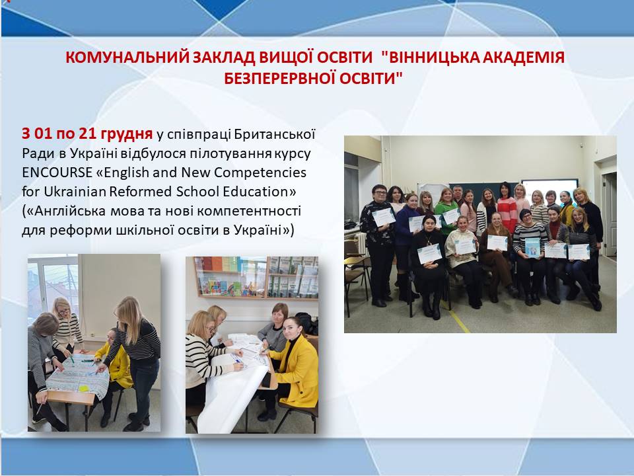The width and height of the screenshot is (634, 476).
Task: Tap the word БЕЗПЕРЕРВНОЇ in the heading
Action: click(x=279, y=78)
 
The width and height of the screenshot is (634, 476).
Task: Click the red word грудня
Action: click(x=127, y=134)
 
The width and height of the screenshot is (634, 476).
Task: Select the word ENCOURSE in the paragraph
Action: click(x=57, y=173)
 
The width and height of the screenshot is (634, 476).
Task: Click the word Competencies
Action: click(x=260, y=173)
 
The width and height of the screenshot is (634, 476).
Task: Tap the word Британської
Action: click(x=275, y=134)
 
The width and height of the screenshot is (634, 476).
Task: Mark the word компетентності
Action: click(x=250, y=211)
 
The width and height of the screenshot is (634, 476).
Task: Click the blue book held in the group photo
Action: click(x=532, y=247)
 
